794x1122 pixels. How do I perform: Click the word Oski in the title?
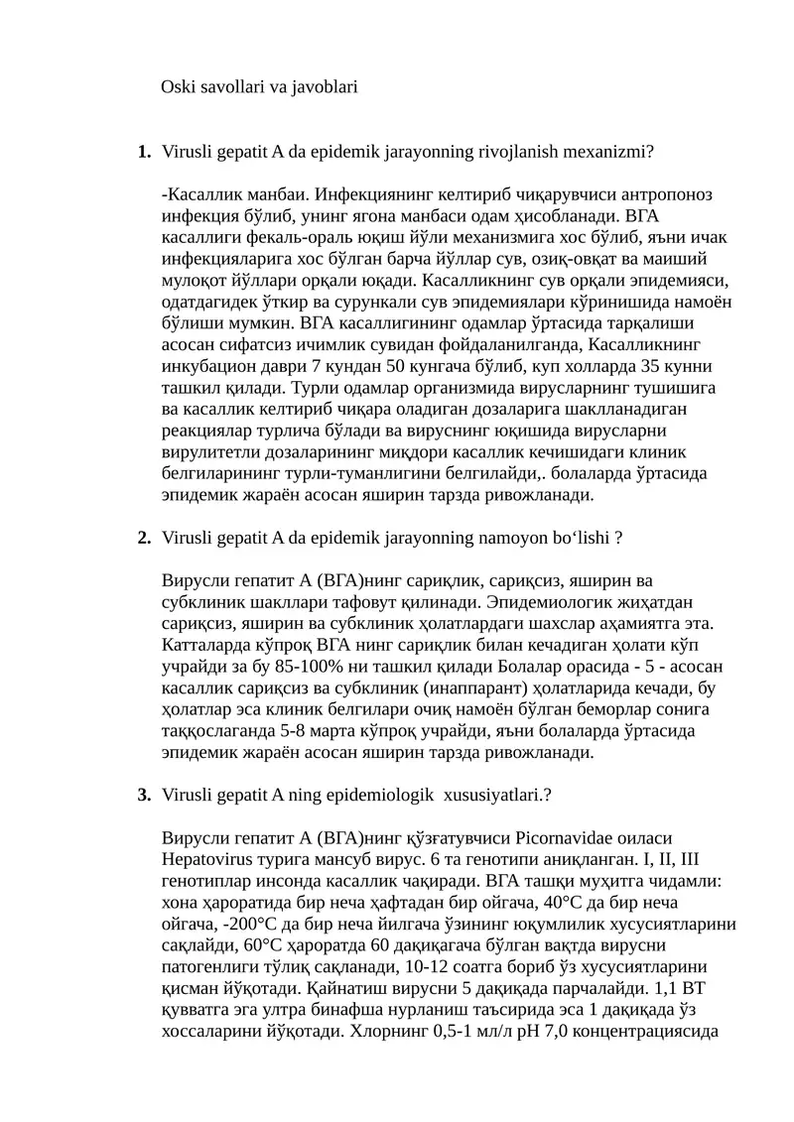[x=179, y=87]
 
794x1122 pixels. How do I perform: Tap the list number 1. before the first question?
[x=144, y=153]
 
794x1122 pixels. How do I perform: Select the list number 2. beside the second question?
[x=144, y=539]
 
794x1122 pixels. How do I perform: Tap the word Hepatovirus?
[x=211, y=860]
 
